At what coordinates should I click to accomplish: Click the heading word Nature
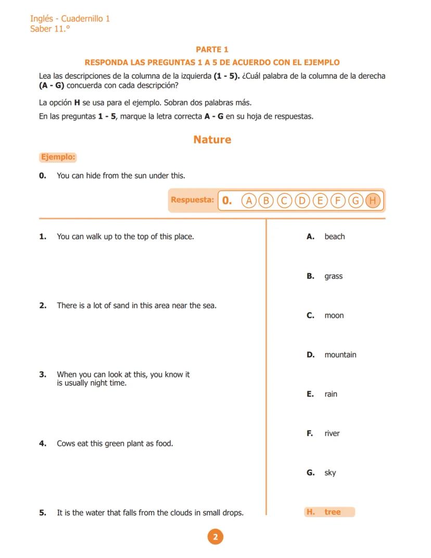point(212,140)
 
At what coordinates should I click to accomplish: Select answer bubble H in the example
point(373,200)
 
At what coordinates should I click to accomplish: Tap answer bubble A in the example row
point(249,200)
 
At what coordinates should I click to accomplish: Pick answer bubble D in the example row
point(302,200)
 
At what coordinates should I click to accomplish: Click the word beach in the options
point(334,237)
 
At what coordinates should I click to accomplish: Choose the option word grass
point(333,276)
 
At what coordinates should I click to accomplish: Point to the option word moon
point(334,316)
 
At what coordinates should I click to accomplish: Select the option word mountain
point(340,355)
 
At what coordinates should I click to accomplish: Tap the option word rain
point(331,394)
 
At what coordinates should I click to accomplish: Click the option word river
point(332,433)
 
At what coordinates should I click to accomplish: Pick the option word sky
point(330,473)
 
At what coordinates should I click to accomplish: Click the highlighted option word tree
point(332,512)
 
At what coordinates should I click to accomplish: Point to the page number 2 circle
point(215,537)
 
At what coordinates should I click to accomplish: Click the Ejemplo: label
point(58,157)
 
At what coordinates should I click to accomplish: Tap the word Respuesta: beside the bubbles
point(192,200)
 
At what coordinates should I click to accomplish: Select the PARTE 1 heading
point(212,49)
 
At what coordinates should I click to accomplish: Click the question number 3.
point(43,375)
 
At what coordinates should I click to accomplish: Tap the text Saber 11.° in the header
point(50,29)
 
